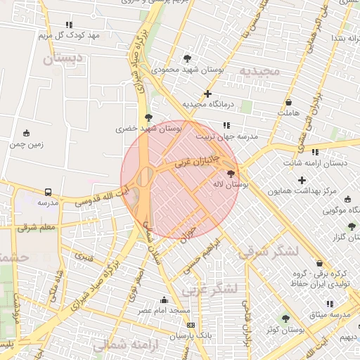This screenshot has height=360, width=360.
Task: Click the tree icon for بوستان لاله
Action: click(231, 174)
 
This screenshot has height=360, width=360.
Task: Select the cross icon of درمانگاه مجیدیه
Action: click(207, 94)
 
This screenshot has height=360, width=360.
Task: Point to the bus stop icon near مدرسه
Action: click(48, 192)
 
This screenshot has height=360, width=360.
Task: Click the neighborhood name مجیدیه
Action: click(259, 72)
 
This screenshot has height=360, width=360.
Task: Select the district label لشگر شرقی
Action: click(268, 252)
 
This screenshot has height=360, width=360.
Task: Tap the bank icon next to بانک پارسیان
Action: click(191, 325)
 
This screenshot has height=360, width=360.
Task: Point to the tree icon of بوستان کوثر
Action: click(285, 319)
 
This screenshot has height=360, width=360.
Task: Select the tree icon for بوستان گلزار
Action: click(351, 226)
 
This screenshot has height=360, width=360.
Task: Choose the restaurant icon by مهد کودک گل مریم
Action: click(68, 25)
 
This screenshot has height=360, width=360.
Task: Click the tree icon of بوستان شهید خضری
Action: click(147, 117)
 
